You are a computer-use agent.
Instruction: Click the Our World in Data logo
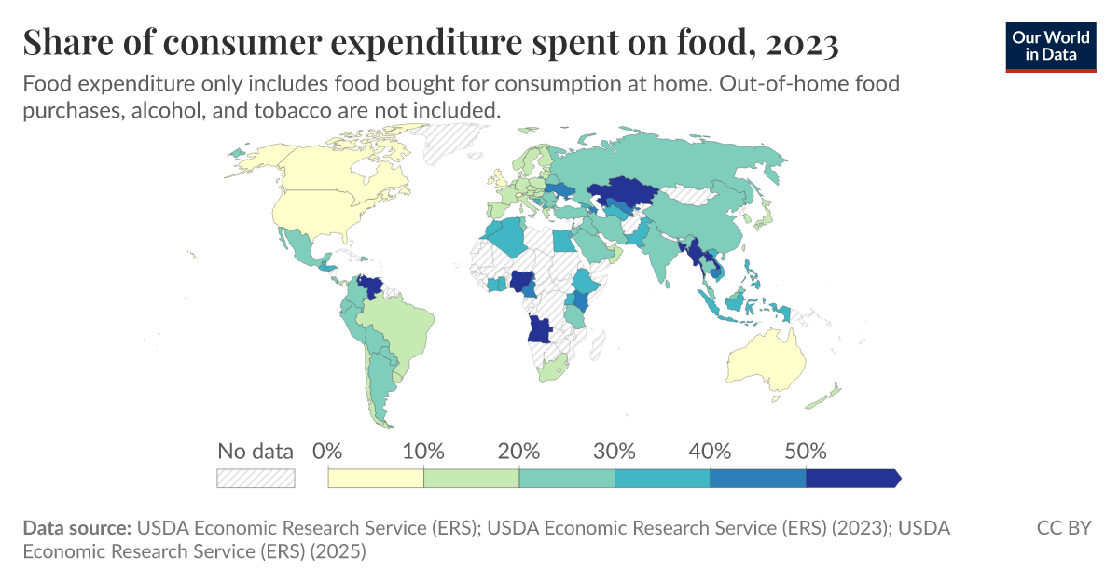click(x=1051, y=46)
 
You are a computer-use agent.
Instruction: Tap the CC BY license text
click(x=1064, y=528)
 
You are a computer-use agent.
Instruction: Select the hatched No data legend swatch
click(x=256, y=478)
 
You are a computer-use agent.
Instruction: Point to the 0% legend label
click(x=328, y=452)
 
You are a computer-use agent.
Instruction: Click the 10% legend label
click(x=423, y=452)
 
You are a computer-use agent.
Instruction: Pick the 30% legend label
click(x=615, y=452)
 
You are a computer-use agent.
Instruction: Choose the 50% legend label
click(x=806, y=452)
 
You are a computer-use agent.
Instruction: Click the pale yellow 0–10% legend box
click(x=376, y=478)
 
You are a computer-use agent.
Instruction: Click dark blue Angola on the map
click(x=539, y=328)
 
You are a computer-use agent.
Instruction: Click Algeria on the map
click(x=505, y=239)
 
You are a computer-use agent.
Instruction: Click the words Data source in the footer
click(x=76, y=528)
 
